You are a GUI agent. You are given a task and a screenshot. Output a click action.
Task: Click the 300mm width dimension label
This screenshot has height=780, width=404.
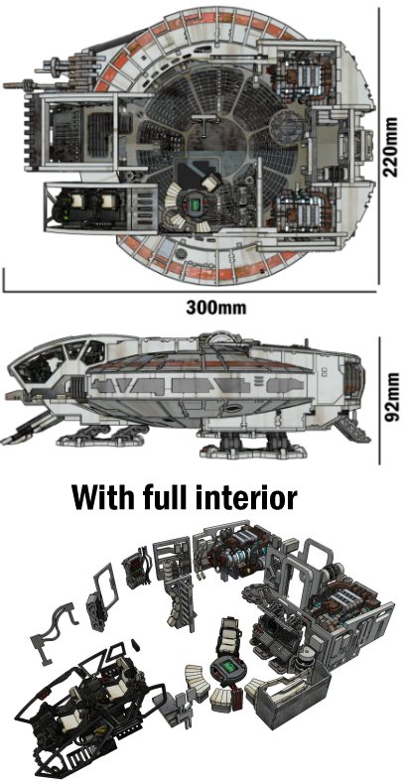coord(216,308)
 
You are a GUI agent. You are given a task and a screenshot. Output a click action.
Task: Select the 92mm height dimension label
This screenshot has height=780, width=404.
coord(391,397)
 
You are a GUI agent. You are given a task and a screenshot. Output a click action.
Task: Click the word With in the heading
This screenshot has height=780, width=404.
coord(102,496)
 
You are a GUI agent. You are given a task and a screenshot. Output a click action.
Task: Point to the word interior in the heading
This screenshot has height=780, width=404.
coord(245,496)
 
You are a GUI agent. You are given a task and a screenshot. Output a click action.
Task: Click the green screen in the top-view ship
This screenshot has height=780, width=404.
coord(196,204)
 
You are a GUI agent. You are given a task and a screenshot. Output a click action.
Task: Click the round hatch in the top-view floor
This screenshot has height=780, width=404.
coord(285,123)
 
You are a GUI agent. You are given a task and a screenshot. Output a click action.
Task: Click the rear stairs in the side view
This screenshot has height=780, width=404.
coord(354,429)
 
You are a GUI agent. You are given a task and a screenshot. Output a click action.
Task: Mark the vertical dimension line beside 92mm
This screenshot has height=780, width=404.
coord(379,401)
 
